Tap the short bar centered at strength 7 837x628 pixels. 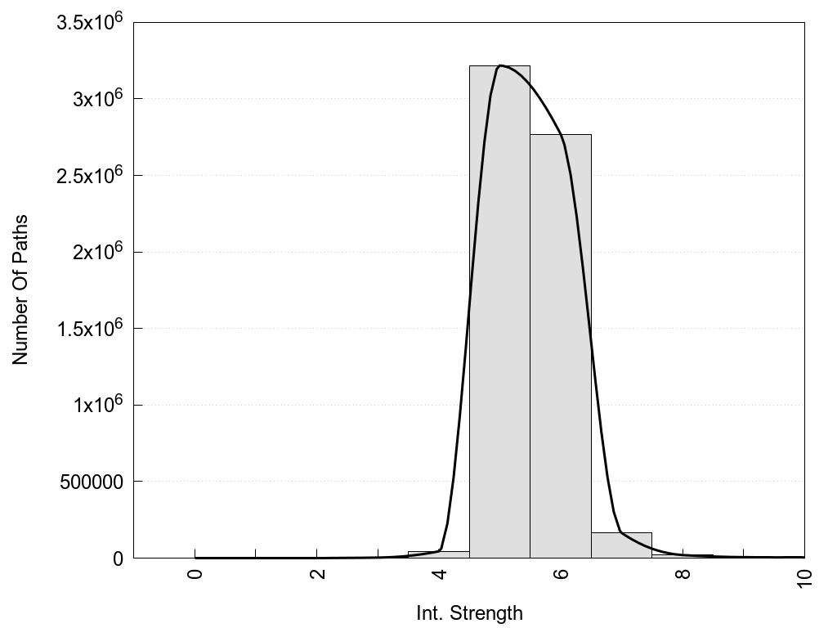click(621, 545)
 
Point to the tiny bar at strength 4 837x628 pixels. click(438, 554)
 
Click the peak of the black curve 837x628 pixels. click(500, 65)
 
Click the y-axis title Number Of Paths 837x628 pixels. click(20, 289)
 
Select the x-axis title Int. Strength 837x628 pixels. click(469, 612)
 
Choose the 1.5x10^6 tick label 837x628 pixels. click(89, 327)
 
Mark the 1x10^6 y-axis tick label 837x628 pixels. click(93, 404)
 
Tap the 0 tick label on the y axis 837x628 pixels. click(118, 558)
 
